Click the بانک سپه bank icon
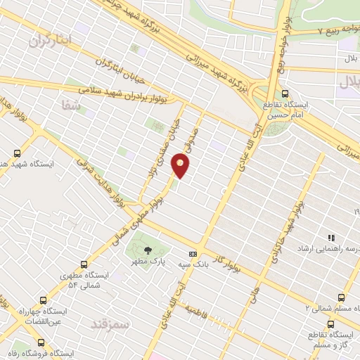(191, 255)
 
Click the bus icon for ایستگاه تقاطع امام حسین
(284, 93)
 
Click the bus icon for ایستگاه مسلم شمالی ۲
(341, 297)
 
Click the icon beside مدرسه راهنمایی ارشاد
(323, 238)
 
